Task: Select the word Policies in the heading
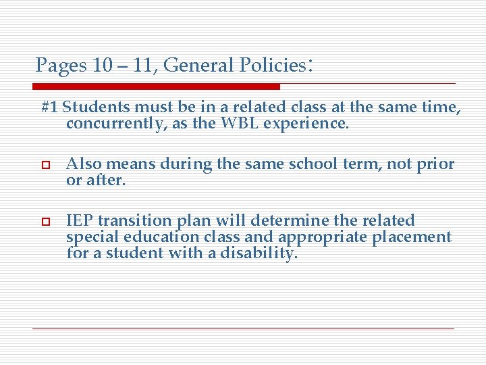pos(269,66)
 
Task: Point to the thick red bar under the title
pos(156,87)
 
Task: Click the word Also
pos(82,164)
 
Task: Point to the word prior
pos(437,164)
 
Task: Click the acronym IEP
pos(79,220)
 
